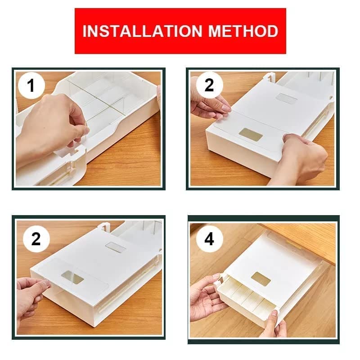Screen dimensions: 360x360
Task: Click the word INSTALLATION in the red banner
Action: coord(135,31)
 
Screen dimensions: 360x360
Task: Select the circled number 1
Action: coord(31,85)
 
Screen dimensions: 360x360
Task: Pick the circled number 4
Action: coord(209,239)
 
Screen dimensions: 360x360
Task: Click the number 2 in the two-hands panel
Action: coord(209,85)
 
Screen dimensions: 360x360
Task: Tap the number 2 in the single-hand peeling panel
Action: coord(36,239)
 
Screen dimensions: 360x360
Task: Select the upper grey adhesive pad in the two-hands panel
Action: coord(286,99)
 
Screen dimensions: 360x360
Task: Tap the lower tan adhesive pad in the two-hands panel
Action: coord(251,134)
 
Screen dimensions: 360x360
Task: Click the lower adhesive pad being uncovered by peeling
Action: coord(73,279)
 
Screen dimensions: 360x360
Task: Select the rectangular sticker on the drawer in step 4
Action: coord(261,279)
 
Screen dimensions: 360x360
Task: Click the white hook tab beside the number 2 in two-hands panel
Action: coord(269,78)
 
